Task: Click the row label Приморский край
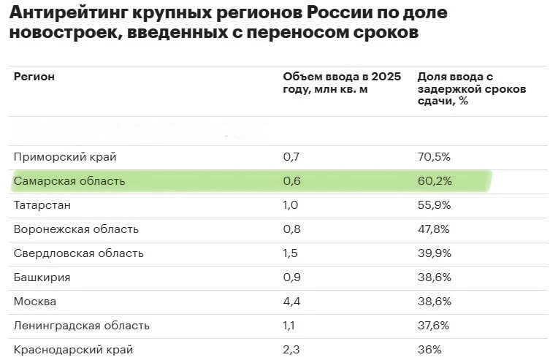pos(65,157)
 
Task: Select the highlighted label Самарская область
pos(69,181)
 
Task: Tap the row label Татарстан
pos(43,205)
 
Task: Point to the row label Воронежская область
pos(76,229)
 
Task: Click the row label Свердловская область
pos(79,253)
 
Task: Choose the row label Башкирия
pos(41,277)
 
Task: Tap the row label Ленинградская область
pos(82,326)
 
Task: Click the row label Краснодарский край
pos(73,350)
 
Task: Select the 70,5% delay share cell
pos(434,157)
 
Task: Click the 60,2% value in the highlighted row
pos(434,181)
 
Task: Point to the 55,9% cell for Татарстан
pos(434,205)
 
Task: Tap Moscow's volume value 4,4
pos(291,302)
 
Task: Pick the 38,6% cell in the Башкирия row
pos(434,277)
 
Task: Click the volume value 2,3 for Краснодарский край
pos(291,350)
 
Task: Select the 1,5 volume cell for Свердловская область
pos(291,253)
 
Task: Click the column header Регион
pos(34,76)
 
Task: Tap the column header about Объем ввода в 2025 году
pos(341,83)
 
